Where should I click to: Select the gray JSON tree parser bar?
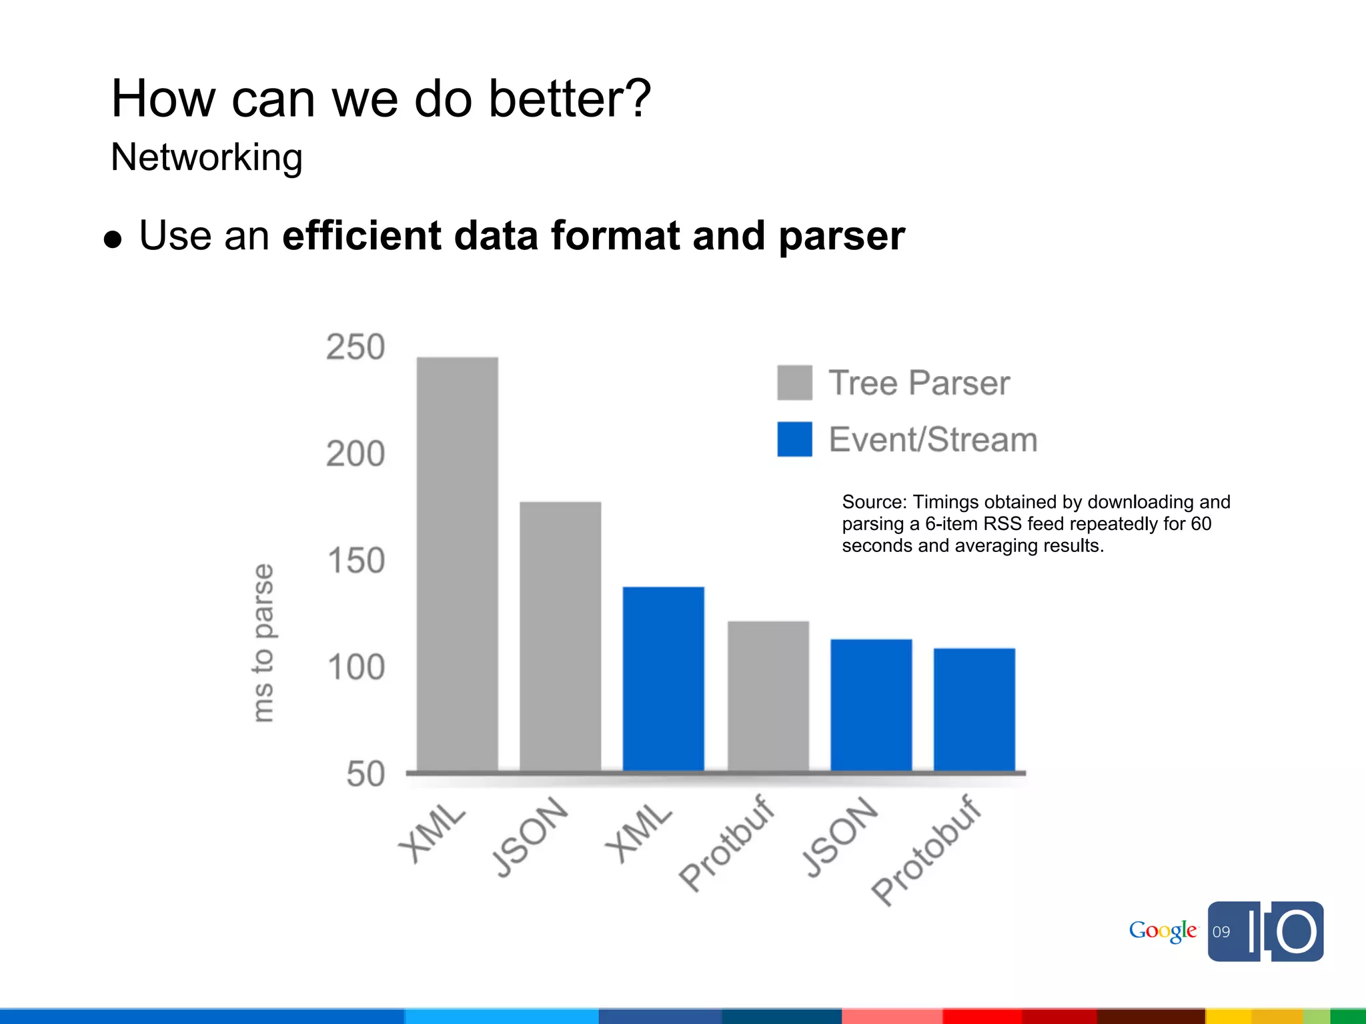(x=560, y=637)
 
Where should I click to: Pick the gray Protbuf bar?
(x=768, y=696)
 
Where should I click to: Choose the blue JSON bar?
(x=871, y=705)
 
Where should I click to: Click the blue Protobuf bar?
(x=974, y=709)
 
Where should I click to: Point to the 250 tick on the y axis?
(x=356, y=347)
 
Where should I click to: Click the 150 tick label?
(x=356, y=561)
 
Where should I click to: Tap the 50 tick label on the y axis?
(x=366, y=775)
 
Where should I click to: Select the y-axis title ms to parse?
(x=263, y=643)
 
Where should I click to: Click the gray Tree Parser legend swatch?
(x=794, y=383)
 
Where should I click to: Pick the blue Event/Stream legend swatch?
(x=794, y=439)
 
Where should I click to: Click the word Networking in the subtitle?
(x=207, y=158)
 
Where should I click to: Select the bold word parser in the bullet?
(x=842, y=236)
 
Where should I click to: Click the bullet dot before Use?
(x=113, y=240)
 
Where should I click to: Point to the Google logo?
(x=1163, y=931)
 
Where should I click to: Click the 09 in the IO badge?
(x=1221, y=932)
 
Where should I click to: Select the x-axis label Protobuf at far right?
(x=927, y=851)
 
